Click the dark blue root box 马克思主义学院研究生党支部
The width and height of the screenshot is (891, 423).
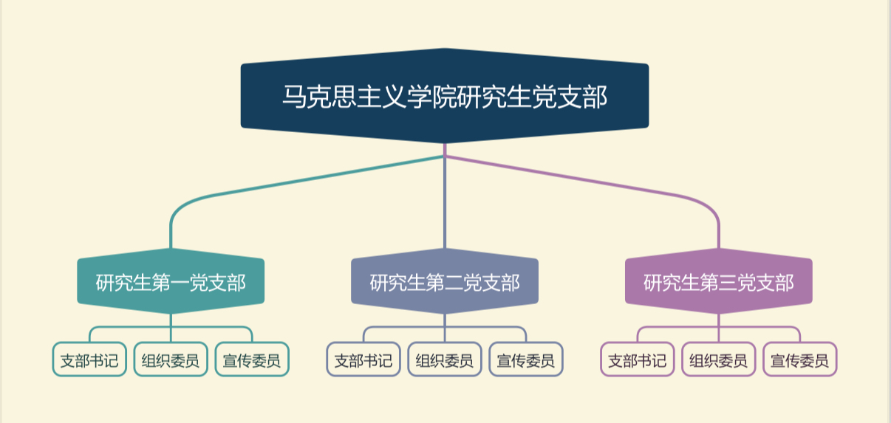[x=444, y=97]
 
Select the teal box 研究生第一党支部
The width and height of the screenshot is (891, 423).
[x=171, y=283]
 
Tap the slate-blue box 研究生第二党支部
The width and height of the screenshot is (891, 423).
[x=444, y=283]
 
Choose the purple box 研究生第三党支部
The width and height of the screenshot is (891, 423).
[x=718, y=283]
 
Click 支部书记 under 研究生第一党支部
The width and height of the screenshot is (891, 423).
[x=89, y=360]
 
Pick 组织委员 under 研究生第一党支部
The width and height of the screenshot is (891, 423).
[x=171, y=360]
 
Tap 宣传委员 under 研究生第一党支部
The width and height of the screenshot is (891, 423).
[x=252, y=360]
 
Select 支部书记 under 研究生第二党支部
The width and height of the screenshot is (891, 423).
[x=363, y=360]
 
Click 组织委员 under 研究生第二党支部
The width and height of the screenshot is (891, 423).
[x=445, y=360]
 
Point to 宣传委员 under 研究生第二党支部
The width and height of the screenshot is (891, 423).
[x=526, y=360]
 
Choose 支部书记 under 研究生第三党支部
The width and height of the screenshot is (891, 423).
[x=638, y=360]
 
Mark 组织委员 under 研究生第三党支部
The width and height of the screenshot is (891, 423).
[x=719, y=360]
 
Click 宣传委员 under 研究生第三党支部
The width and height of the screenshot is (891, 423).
[x=800, y=360]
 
